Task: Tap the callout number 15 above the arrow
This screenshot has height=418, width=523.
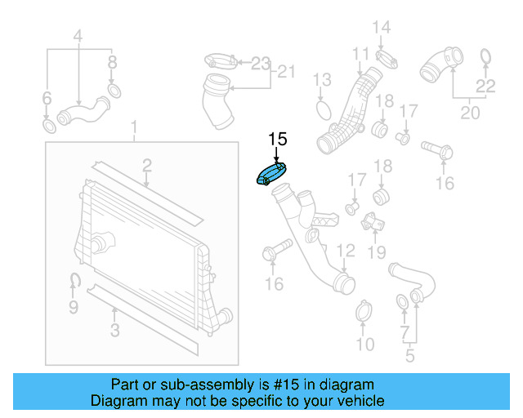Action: (x=277, y=139)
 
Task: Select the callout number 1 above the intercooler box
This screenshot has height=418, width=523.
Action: (x=136, y=128)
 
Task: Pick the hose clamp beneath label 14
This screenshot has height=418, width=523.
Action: (x=387, y=57)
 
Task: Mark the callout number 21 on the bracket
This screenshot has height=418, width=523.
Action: (x=284, y=73)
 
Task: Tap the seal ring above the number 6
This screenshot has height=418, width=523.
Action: (x=49, y=127)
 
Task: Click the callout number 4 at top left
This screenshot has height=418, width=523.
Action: (x=78, y=36)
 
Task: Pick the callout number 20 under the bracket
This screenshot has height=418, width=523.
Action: (x=470, y=113)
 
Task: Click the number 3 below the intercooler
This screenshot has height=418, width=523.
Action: (x=115, y=331)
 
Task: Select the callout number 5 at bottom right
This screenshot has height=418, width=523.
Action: (x=409, y=356)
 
